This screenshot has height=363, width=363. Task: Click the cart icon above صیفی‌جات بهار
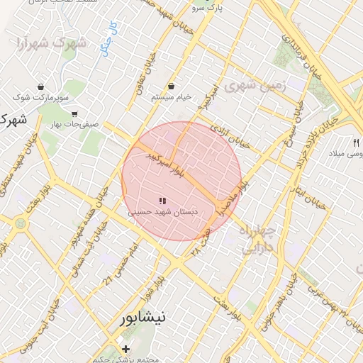[74, 113]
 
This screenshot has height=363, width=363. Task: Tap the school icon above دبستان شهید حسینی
[162, 201]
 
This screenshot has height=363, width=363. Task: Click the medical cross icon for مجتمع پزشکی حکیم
[125, 349]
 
